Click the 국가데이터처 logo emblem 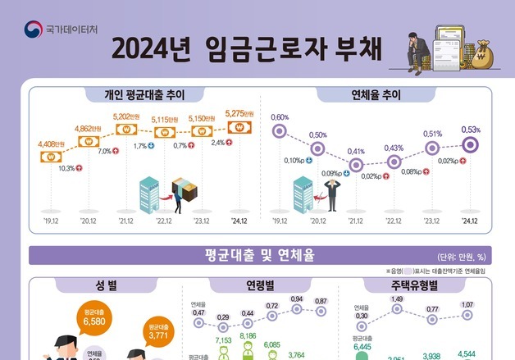[34, 30]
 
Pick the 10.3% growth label [66, 168]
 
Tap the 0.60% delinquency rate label [280, 116]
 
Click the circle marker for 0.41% [355, 165]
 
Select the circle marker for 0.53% [470, 144]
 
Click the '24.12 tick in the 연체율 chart [469, 221]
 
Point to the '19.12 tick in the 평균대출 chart [52, 221]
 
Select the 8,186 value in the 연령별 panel [248, 336]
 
